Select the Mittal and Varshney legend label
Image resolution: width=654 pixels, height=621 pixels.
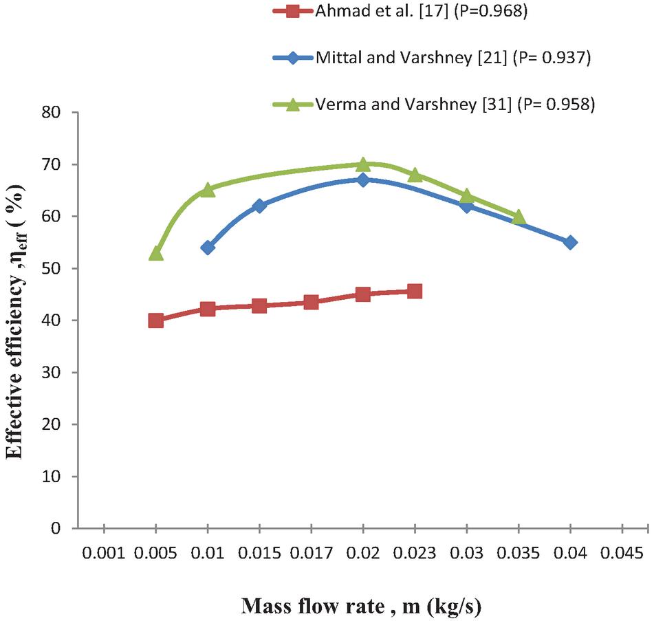(453, 58)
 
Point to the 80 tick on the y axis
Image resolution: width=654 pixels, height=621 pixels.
(54, 112)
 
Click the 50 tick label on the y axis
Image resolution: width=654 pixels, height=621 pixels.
(54, 268)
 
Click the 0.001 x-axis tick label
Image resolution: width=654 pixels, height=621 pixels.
(104, 554)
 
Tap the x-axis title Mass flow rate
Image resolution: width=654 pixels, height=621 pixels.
(360, 607)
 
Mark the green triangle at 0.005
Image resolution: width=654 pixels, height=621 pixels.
(156, 252)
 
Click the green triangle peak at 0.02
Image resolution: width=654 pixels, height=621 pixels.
(363, 164)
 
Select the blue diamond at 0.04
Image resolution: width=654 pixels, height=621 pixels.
(570, 242)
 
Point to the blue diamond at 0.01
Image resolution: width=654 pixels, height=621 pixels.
(208, 248)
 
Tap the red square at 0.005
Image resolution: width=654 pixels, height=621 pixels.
(156, 320)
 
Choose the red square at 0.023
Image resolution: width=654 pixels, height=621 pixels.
(415, 291)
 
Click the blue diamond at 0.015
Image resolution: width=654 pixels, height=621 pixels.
(259, 206)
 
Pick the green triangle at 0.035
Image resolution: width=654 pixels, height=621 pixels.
(519, 217)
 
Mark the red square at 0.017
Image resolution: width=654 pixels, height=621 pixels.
(311, 302)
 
